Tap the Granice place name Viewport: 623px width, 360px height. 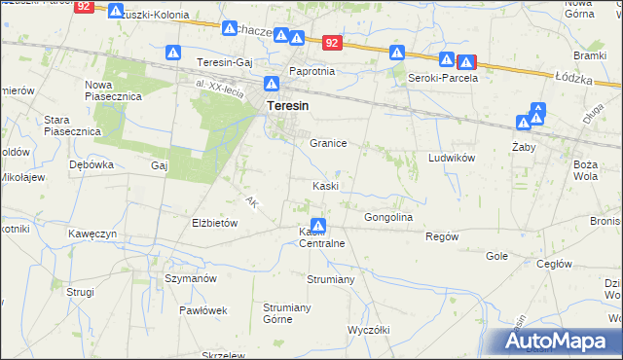328,143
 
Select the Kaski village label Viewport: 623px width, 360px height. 325,186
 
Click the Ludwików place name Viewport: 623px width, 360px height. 451,157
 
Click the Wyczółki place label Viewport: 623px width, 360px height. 368,330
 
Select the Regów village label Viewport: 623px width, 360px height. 442,236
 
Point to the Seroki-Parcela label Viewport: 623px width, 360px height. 442,78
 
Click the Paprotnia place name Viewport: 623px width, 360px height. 311,71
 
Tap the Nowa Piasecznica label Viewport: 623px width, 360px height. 114,90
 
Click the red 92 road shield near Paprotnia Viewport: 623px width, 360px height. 333,43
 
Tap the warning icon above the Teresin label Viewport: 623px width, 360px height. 274,85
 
